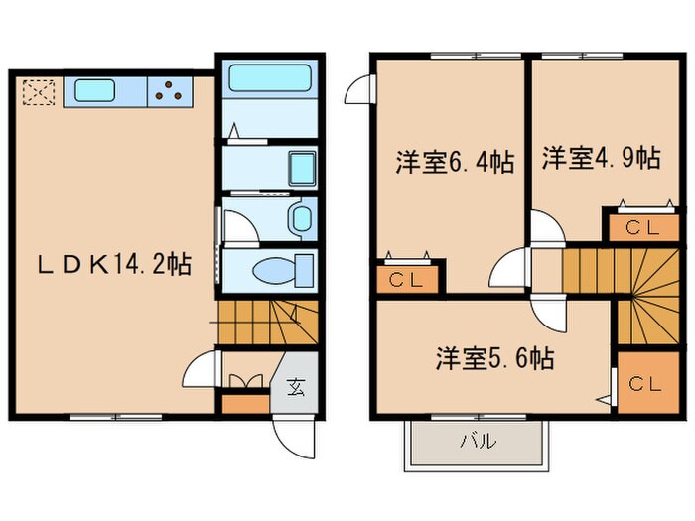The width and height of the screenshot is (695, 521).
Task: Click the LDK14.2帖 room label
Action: pos(114,265)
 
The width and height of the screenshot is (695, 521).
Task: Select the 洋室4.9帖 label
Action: pos(601,158)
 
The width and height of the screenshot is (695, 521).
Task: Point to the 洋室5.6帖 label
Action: pos(494,358)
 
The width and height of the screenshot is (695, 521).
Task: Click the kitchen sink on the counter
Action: pos(104,92)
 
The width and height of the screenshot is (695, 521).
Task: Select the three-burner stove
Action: pos(171,92)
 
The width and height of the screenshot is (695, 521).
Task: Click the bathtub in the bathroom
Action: pos(267,79)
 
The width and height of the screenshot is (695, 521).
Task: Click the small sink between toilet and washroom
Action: pos(300,218)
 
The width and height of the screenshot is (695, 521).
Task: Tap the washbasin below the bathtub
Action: pos(300,168)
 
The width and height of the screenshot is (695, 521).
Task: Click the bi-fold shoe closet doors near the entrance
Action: pos(243,380)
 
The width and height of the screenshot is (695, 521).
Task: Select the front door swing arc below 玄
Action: pos(296,433)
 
